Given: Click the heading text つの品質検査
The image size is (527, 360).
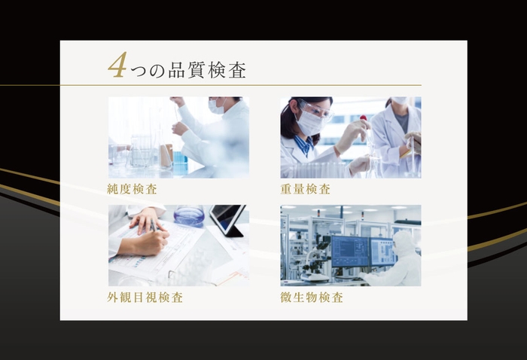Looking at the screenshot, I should [187, 71].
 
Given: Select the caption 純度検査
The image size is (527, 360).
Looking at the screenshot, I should [133, 189].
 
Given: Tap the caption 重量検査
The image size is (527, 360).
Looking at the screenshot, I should [305, 189].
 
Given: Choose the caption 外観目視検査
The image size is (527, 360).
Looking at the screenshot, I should [145, 297].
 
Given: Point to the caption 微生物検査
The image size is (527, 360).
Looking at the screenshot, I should [311, 297].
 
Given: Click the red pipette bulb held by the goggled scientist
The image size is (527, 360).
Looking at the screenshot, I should [363, 118].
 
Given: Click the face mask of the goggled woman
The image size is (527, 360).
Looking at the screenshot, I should [309, 123].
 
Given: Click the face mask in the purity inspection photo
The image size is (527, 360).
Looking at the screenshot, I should [217, 107].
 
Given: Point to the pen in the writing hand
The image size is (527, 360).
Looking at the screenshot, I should [154, 227].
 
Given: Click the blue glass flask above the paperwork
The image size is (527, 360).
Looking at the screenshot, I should [189, 215].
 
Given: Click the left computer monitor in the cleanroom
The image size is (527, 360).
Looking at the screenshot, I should [349, 250].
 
